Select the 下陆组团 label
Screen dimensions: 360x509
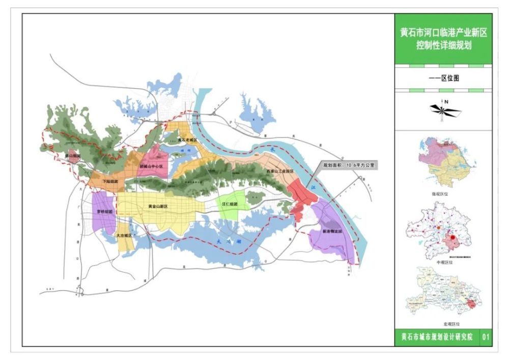[109, 181]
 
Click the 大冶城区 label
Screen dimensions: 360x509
[124, 236]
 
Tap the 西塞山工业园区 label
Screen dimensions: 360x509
[280, 172]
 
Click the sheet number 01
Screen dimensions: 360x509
[486, 337]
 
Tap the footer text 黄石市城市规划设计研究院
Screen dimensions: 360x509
[437, 337]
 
